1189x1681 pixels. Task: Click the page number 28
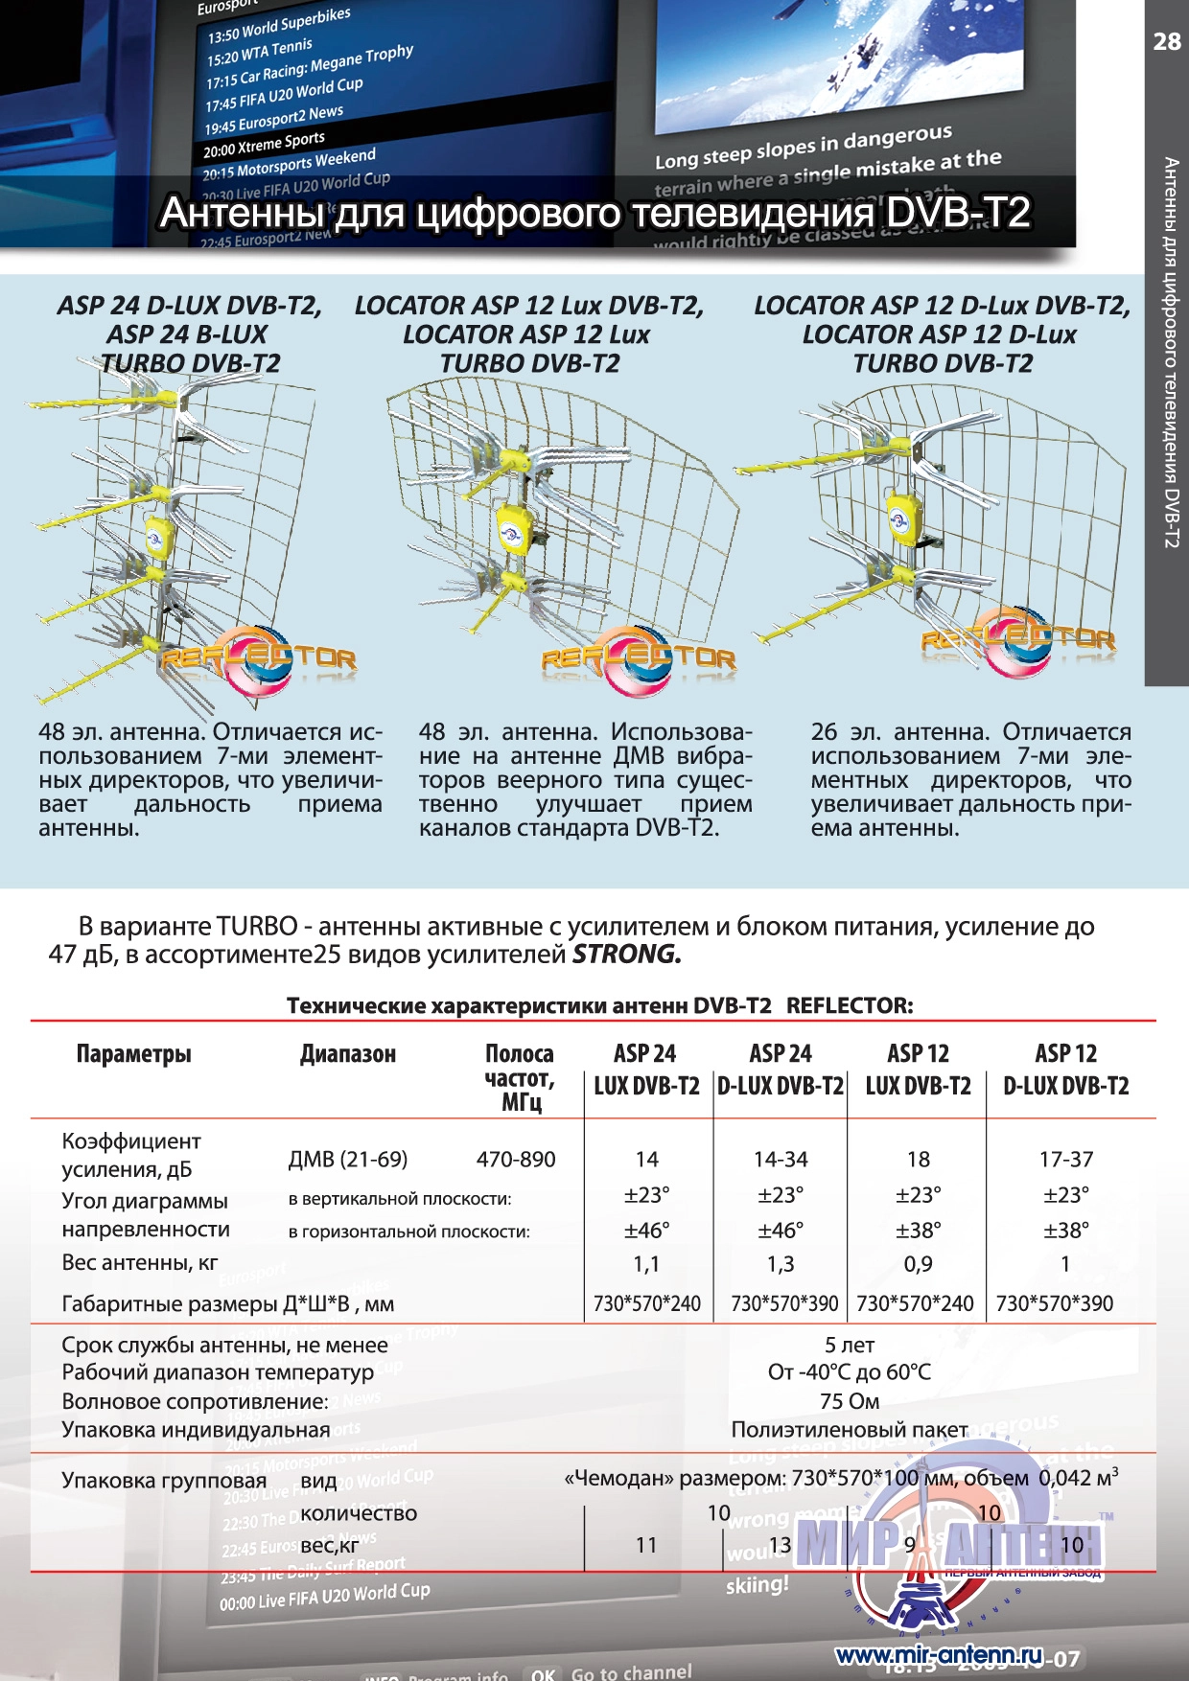1166,41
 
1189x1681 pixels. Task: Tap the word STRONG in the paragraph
626,955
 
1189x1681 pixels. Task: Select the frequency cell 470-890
516,1160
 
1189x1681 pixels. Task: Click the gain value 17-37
1065,1160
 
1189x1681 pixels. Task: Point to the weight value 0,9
918,1265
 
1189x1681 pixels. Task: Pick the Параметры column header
133,1054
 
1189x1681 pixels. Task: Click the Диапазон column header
347,1054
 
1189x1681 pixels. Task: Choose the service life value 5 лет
850,1345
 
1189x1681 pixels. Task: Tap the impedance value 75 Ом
850,1401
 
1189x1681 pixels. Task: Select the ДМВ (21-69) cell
347,1160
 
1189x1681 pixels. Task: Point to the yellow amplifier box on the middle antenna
517,526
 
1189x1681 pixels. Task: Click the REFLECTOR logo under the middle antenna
639,658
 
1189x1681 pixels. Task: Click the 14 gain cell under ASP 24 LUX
646,1160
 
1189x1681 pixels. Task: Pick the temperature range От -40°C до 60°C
850,1372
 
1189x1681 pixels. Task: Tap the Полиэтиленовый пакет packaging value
850,1430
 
